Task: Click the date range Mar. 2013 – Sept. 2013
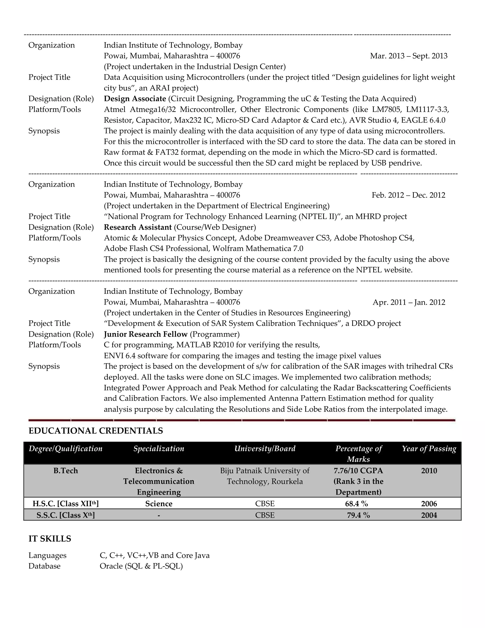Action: (x=409, y=56)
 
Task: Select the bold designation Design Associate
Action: (x=135, y=99)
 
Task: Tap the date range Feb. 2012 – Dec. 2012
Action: (x=408, y=195)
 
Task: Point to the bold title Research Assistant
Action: (x=138, y=227)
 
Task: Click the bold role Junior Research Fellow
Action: (x=145, y=334)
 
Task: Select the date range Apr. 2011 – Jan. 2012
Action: (x=409, y=302)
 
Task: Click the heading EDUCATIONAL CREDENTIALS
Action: (x=96, y=431)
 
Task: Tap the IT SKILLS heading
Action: (x=50, y=539)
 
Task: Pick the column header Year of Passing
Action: (x=429, y=449)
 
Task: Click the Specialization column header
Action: (x=159, y=449)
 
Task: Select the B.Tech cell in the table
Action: (x=66, y=471)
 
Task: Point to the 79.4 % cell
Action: (x=358, y=515)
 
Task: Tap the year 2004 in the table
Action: (x=429, y=515)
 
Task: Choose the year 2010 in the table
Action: (x=429, y=471)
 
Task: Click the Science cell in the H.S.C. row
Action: (x=159, y=504)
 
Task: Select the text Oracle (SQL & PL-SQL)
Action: (x=141, y=566)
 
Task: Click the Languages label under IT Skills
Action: (x=47, y=555)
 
